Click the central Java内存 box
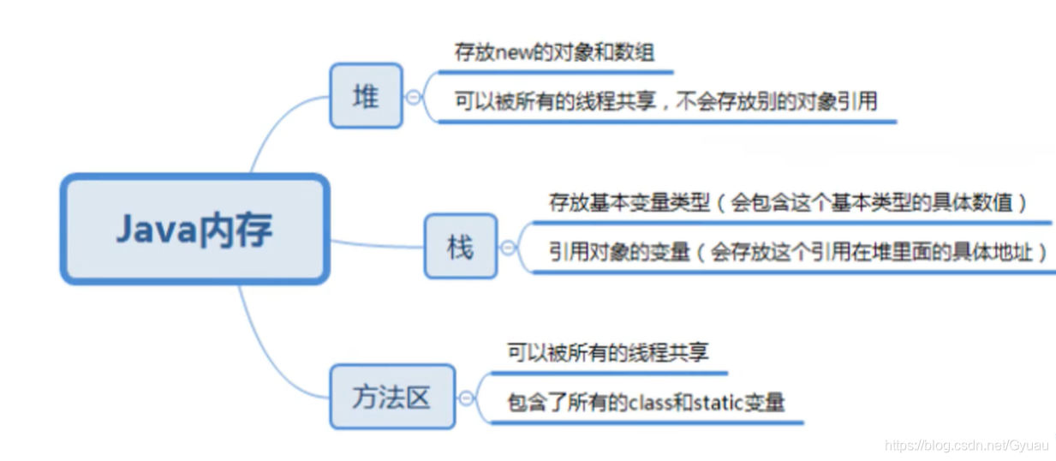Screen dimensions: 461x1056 coord(194,229)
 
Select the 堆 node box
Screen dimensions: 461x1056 coord(366,96)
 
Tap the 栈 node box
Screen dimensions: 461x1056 coord(461,246)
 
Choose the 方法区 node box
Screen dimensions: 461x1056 coord(392,396)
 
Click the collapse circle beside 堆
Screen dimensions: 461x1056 coord(414,98)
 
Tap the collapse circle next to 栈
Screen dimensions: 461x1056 coord(508,248)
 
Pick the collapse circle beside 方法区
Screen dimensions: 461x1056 coord(467,398)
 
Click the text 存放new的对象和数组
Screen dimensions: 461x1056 coord(555,52)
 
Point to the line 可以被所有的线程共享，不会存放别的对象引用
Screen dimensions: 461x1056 coord(665,101)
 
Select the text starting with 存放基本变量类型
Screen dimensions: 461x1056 coord(788,203)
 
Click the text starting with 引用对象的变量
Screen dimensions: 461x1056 coord(798,252)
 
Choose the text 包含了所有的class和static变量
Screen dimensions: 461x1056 coord(646,402)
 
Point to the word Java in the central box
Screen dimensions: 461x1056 coord(154,229)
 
